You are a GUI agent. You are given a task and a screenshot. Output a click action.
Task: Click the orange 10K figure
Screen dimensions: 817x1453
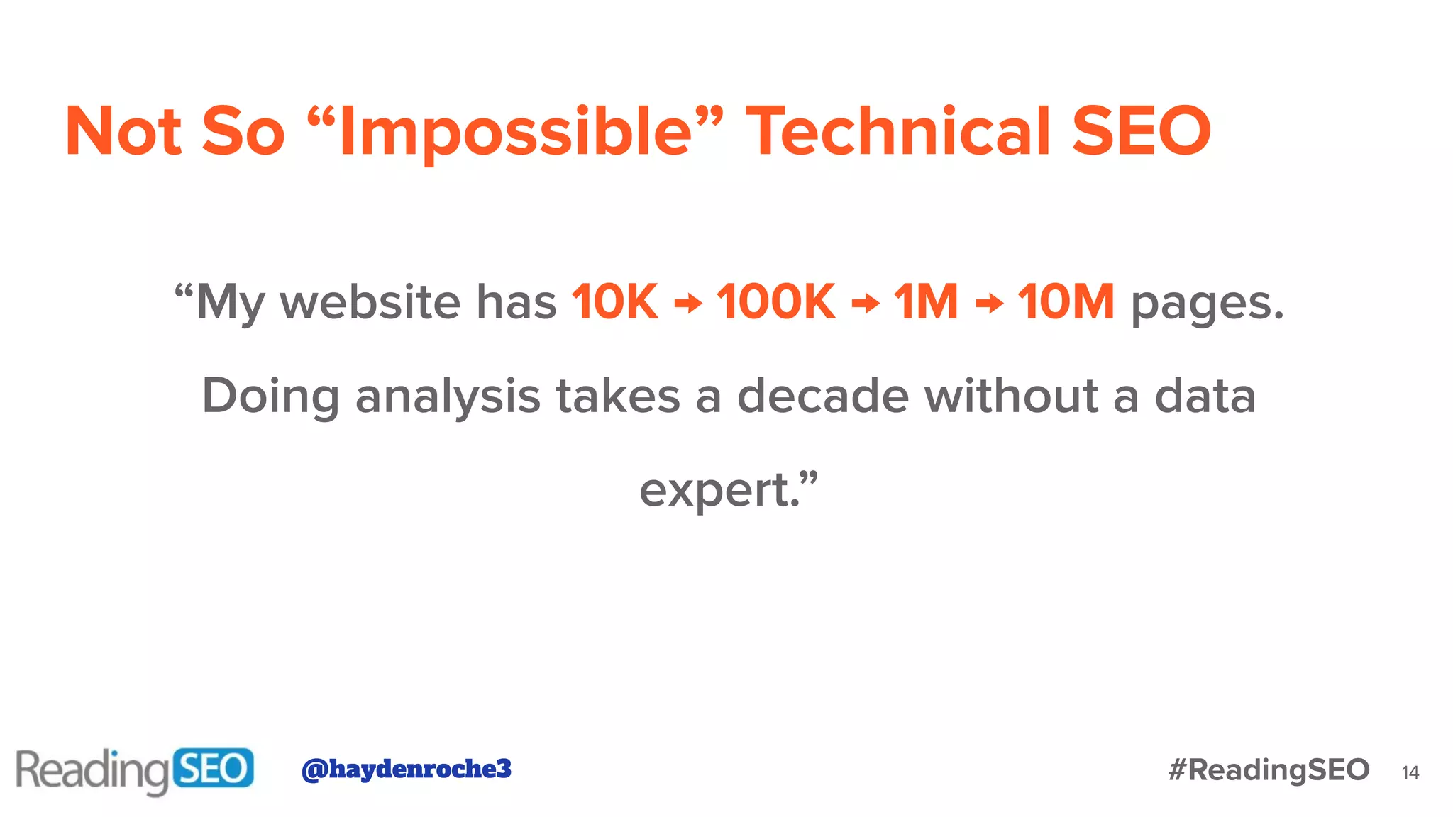pyautogui.click(x=615, y=302)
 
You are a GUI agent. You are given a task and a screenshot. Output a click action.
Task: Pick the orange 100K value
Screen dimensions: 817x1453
pyautogui.click(x=776, y=302)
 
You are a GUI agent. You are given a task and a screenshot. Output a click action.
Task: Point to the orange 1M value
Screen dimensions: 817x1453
pyautogui.click(x=926, y=302)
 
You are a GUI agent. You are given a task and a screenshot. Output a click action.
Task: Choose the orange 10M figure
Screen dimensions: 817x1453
pyautogui.click(x=1066, y=302)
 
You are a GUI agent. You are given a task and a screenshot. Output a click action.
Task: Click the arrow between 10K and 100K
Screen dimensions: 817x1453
pyautogui.click(x=687, y=304)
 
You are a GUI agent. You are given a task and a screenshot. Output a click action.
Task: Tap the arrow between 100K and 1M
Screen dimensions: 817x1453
pyautogui.click(x=865, y=304)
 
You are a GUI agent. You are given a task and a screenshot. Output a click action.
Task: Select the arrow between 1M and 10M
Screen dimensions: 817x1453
pyautogui.click(x=989, y=304)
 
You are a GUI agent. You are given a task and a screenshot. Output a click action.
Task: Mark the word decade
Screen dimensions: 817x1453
pyautogui.click(x=823, y=396)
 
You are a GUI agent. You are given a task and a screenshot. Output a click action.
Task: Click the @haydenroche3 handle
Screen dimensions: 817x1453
pyautogui.click(x=407, y=769)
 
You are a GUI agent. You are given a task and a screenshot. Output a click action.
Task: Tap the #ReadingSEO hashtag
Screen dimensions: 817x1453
pyautogui.click(x=1269, y=770)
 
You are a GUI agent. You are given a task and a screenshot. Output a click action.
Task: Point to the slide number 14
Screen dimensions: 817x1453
pyautogui.click(x=1410, y=773)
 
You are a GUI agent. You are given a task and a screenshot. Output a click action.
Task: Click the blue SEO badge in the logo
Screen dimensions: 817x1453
pyautogui.click(x=213, y=768)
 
